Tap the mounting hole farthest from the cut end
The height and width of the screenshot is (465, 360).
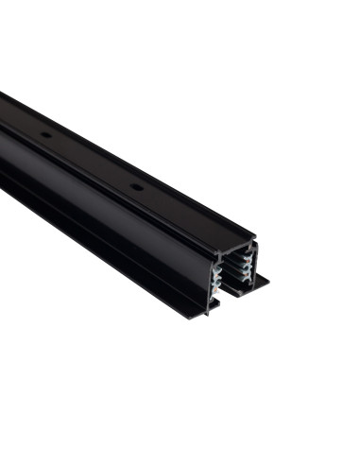pos(45,136)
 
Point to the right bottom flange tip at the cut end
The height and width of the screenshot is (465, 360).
pos(266,280)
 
